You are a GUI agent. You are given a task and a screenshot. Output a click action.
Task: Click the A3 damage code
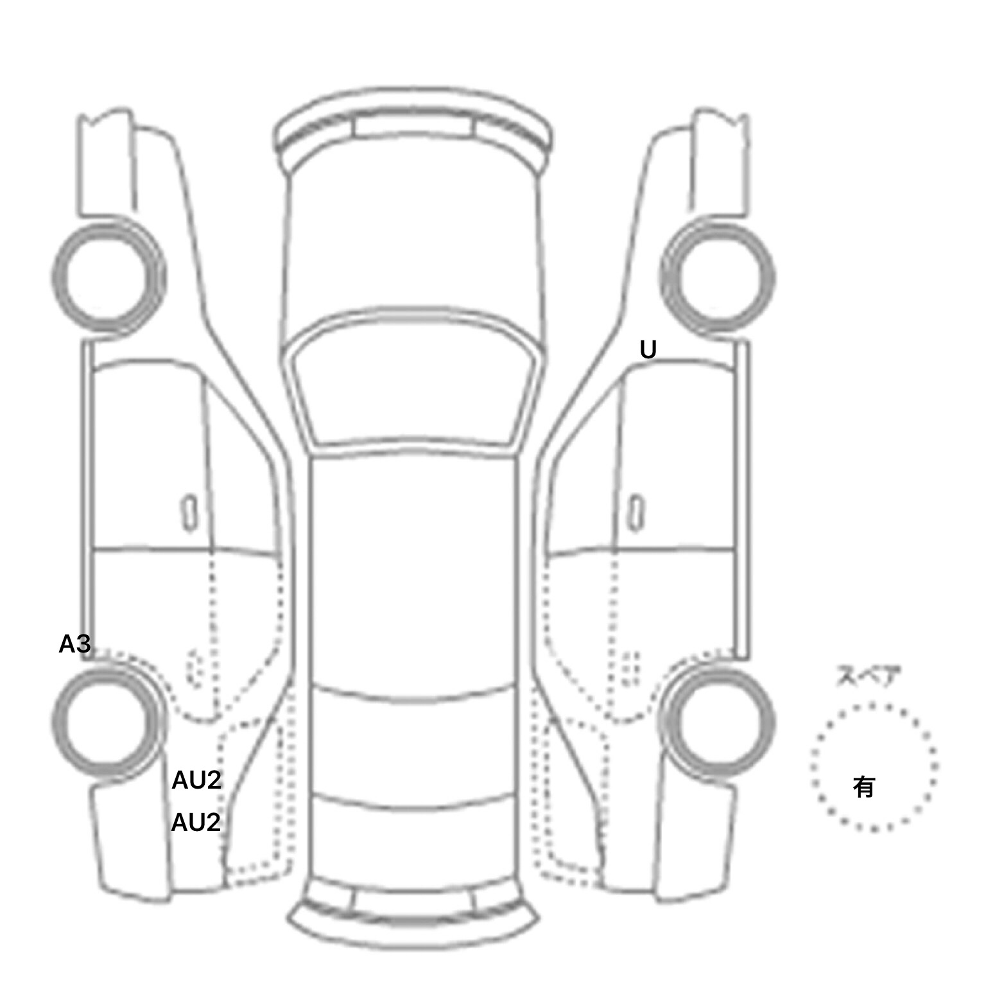point(74,644)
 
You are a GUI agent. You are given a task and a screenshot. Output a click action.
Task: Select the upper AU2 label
point(196,780)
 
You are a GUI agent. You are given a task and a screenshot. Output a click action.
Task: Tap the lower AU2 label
point(196,823)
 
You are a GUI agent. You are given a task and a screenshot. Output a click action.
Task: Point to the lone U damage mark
point(648,350)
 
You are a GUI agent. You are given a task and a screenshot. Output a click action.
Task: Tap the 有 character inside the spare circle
point(864,787)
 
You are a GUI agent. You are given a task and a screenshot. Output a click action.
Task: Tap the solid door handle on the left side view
point(189,513)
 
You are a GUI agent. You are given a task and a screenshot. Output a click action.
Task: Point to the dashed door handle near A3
point(194,668)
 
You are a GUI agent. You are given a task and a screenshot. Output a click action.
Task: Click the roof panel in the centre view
point(413,572)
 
